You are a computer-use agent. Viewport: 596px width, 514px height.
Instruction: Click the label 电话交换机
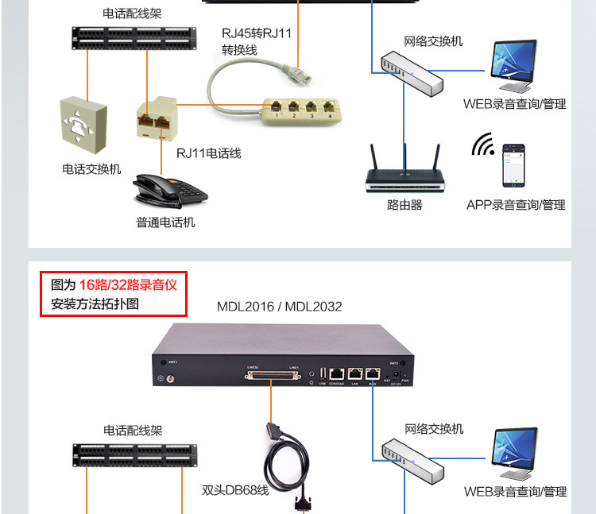click(x=92, y=169)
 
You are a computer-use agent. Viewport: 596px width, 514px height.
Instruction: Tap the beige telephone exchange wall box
click(x=82, y=126)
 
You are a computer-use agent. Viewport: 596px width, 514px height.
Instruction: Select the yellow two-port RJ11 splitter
click(x=157, y=116)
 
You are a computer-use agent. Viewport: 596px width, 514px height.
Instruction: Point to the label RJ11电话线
click(x=208, y=153)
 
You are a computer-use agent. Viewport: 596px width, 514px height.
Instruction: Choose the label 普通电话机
click(x=165, y=222)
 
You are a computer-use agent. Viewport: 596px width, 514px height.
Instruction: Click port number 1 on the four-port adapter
click(x=276, y=107)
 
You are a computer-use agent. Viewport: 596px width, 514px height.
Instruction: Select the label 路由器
click(x=404, y=205)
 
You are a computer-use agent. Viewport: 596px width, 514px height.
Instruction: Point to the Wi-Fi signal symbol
click(x=482, y=146)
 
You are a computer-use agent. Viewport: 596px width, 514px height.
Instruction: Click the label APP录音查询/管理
click(x=516, y=205)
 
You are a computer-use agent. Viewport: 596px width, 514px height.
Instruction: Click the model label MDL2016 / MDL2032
click(x=280, y=306)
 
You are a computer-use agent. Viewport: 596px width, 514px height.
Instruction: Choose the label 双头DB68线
click(x=235, y=490)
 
